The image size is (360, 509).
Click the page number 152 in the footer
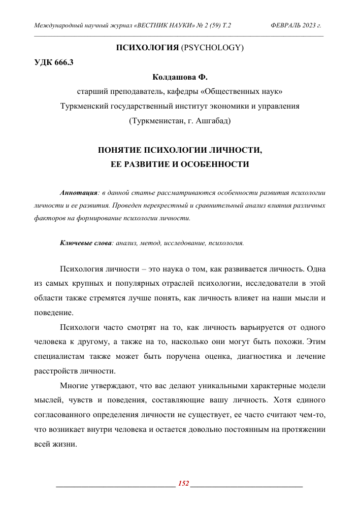[x=183, y=484]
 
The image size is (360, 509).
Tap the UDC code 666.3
[x=63, y=63]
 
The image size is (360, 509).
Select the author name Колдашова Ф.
[x=180, y=78]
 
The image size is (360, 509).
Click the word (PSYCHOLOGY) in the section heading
[x=212, y=48]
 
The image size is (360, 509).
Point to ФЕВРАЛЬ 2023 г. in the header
[x=296, y=24]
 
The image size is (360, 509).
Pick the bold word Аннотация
[x=78, y=193]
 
